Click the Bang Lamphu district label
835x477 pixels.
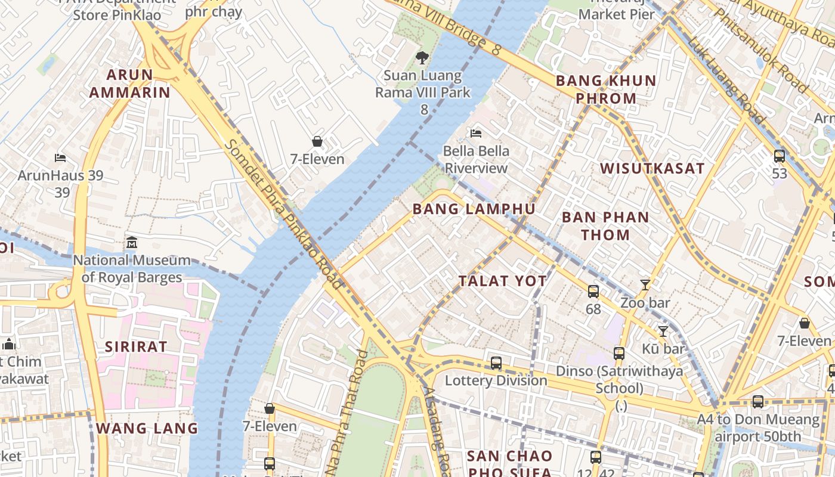pyautogui.click(x=474, y=209)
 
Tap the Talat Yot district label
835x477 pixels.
pyautogui.click(x=502, y=281)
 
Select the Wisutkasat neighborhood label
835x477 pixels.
pyautogui.click(x=652, y=169)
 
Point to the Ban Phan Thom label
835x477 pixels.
pyautogui.click(x=605, y=226)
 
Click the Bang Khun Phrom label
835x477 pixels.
pyautogui.click(x=605, y=89)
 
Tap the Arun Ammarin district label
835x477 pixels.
pyautogui.click(x=129, y=83)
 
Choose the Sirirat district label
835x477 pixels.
pyautogui.click(x=136, y=346)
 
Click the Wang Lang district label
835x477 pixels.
pyautogui.click(x=147, y=428)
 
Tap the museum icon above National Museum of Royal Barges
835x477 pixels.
pyautogui.click(x=132, y=243)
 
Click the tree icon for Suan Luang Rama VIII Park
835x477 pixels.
pyautogui.click(x=422, y=58)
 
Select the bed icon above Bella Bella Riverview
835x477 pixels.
pyautogui.click(x=476, y=133)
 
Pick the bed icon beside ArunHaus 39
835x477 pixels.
pyautogui.click(x=60, y=158)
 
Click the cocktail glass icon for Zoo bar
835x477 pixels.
pyautogui.click(x=645, y=285)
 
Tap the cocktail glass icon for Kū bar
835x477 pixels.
pyautogui.click(x=663, y=332)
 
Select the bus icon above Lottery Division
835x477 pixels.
pyautogui.click(x=496, y=363)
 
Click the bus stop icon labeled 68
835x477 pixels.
pyautogui.click(x=593, y=292)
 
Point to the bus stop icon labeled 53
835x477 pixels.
pyautogui.click(x=779, y=156)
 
